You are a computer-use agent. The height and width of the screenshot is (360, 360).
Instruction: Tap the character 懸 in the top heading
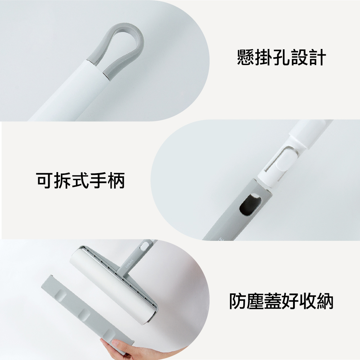point(246,57)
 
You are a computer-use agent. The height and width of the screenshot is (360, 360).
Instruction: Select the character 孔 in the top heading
point(282,57)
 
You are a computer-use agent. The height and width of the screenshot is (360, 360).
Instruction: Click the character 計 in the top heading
point(317,57)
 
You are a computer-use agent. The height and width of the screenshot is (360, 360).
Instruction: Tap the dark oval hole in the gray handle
point(250,204)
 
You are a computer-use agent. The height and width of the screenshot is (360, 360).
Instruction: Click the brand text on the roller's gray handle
point(130,265)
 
